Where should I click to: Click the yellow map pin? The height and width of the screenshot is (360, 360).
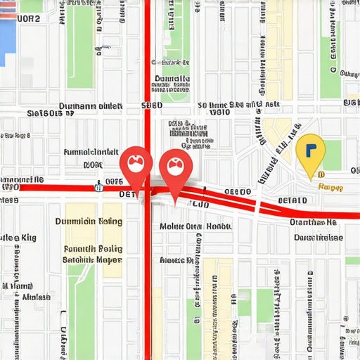tap(307, 153)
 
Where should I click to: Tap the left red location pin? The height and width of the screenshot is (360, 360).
tap(134, 166)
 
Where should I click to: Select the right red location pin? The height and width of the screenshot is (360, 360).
tap(174, 169)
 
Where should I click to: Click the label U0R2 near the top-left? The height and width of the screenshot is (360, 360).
tap(29, 20)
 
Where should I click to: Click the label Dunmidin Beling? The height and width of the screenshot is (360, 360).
tap(89, 221)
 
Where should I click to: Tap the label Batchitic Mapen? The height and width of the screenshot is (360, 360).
tap(92, 259)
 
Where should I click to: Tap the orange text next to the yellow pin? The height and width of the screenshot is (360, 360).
tap(330, 188)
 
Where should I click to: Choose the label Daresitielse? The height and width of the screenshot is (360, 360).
tap(318, 238)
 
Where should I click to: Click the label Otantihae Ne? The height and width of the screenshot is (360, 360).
tap(313, 222)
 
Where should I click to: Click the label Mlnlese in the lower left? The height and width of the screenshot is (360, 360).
tap(37, 297)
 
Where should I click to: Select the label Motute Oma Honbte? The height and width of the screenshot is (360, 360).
tap(195, 226)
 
